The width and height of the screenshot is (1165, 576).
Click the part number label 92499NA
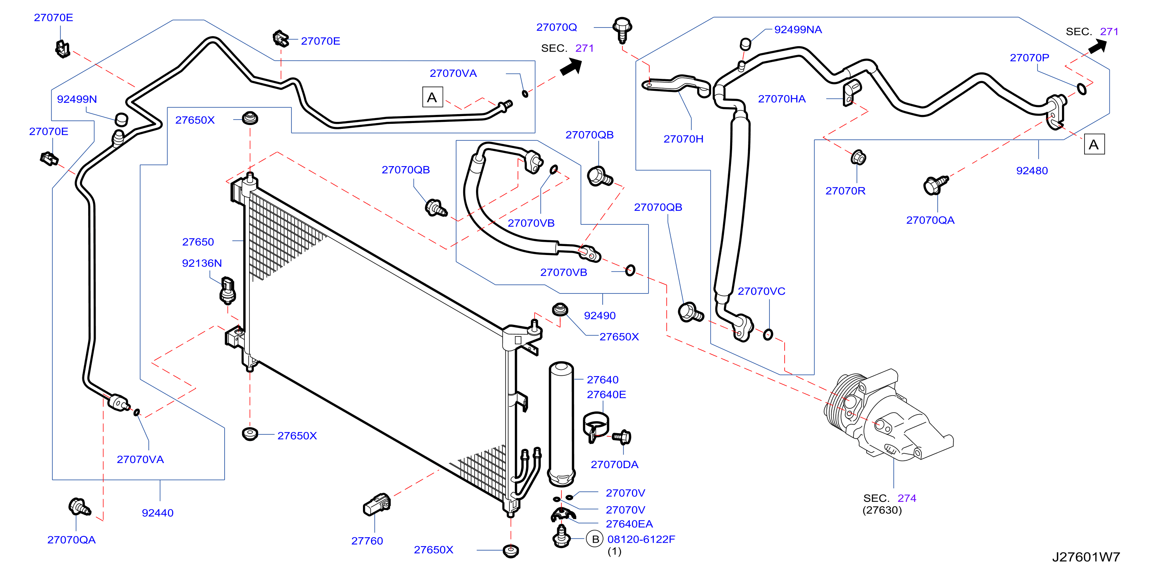(798, 30)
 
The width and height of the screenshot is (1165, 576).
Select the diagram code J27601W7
(1086, 557)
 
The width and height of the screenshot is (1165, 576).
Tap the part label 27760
(367, 541)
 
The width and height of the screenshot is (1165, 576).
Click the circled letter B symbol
(595, 539)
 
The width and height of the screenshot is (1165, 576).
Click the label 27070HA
(781, 99)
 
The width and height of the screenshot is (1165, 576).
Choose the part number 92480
(1032, 171)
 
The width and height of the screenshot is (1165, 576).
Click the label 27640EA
(629, 524)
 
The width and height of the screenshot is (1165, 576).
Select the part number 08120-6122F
(641, 540)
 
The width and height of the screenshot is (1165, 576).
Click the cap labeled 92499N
(121, 120)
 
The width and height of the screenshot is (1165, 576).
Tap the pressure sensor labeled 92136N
(227, 291)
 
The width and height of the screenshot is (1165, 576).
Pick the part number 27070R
(845, 191)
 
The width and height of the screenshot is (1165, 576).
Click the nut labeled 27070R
(858, 158)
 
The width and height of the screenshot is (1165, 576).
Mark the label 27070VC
(761, 291)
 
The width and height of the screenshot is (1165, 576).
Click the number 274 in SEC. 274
(906, 498)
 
